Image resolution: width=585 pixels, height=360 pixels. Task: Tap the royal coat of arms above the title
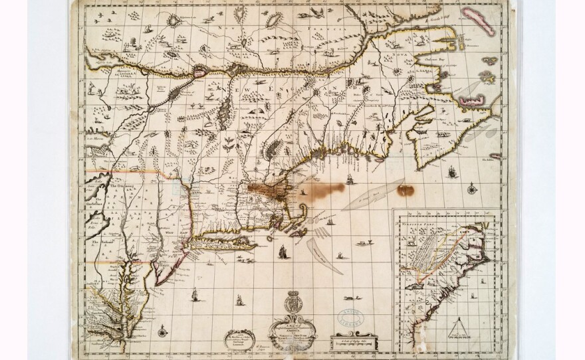point(292,307)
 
